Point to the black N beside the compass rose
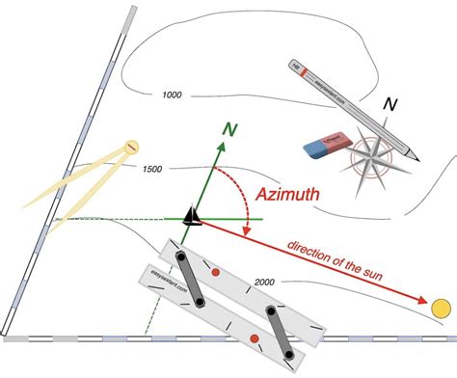pos(390,104)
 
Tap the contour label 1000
pos(172,94)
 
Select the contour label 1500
pos(151,170)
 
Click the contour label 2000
pos(267,282)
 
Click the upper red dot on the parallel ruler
pos(216,274)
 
